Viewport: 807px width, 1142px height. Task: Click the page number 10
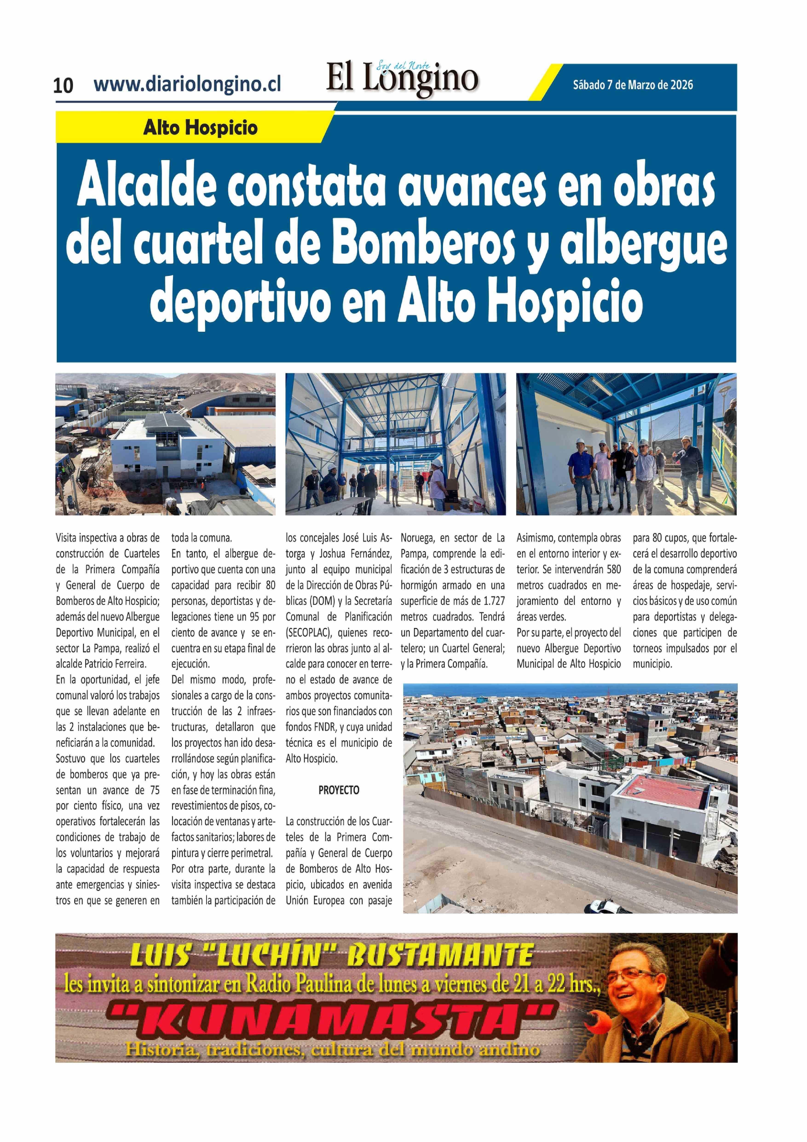tap(63, 86)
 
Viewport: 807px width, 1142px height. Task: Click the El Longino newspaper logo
tap(402, 78)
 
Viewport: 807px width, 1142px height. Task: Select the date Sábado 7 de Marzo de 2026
tap(632, 84)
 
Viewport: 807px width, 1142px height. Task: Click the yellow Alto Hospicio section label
tap(200, 128)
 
